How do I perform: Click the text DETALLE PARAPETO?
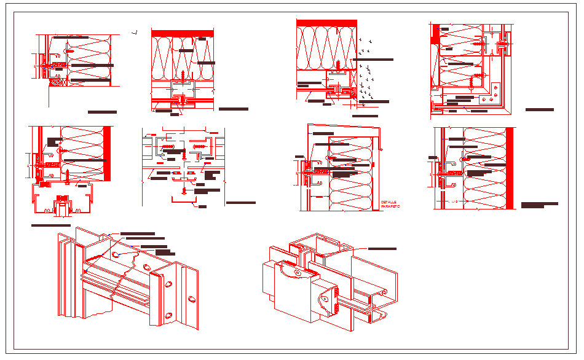pyautogui.click(x=390, y=205)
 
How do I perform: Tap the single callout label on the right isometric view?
pyautogui.click(x=382, y=249)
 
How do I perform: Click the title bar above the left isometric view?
pyautogui.click(x=51, y=226)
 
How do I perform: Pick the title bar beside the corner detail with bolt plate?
pyautogui.click(x=539, y=109)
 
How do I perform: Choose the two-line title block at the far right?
pyautogui.click(x=539, y=205)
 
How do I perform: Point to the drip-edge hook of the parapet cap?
pyautogui.click(x=381, y=148)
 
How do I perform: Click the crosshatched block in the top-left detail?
pyautogui.click(x=58, y=82)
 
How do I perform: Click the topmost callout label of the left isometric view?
pyautogui.click(x=137, y=233)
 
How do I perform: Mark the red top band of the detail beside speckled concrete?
pyautogui.click(x=326, y=23)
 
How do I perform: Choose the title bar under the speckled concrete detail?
pyautogui.click(x=365, y=115)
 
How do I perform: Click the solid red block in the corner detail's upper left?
pyautogui.click(x=435, y=34)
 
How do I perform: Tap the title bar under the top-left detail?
pyautogui.click(x=102, y=112)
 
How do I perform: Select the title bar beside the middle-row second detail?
pyautogui.click(x=240, y=202)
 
